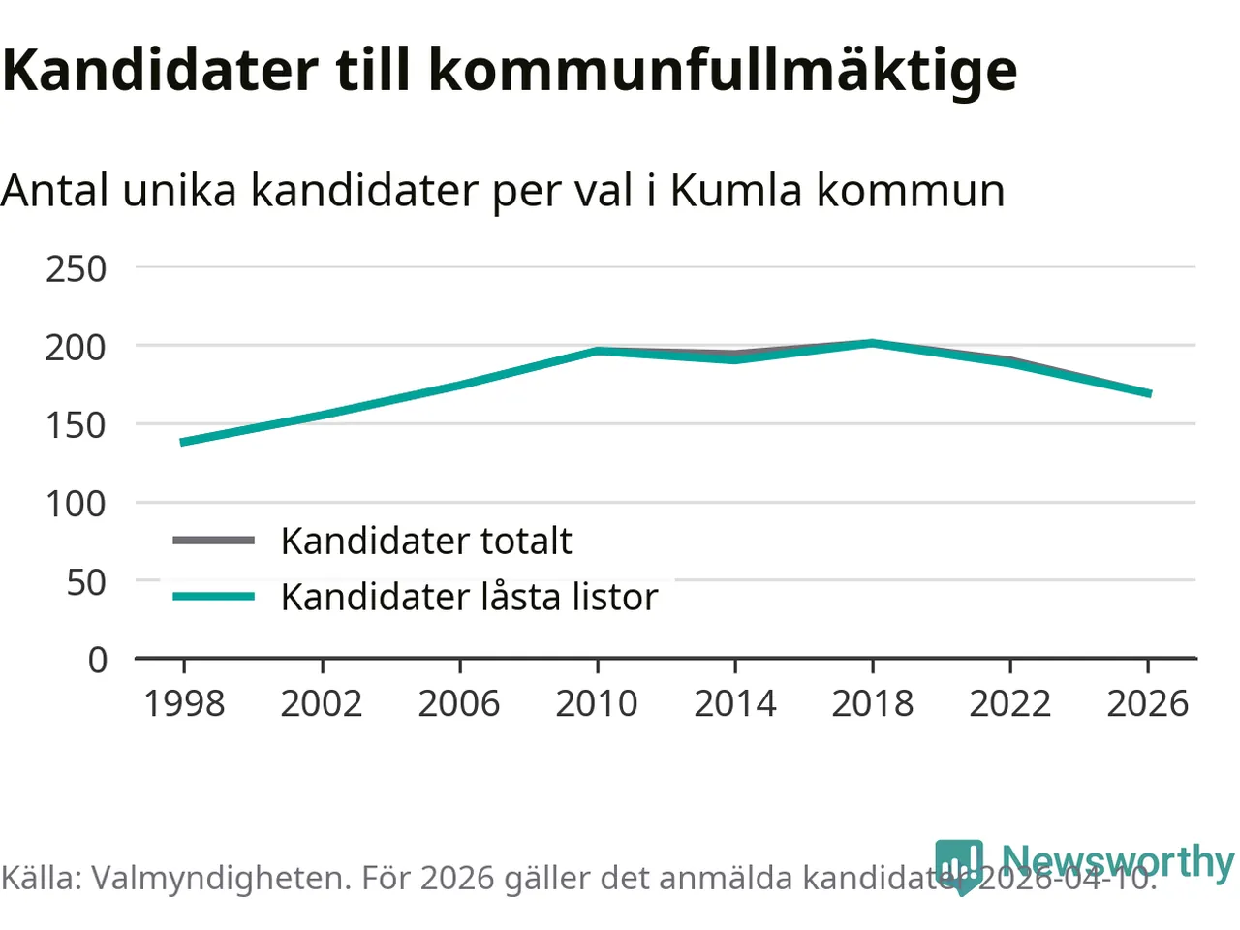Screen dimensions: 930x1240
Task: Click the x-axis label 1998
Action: point(184,703)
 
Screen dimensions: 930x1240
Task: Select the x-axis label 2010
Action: point(597,703)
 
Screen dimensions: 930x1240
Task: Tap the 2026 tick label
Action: point(1148,703)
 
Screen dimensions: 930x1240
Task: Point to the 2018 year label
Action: point(873,703)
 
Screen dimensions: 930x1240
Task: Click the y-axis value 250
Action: point(76,269)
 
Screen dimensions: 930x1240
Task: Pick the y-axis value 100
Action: point(76,504)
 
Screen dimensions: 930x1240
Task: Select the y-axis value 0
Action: point(98,661)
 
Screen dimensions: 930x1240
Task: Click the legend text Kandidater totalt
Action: point(426,541)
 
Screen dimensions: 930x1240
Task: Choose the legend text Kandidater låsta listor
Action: point(469,597)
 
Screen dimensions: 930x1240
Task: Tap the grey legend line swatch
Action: point(213,541)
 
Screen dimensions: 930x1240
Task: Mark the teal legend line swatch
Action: point(213,597)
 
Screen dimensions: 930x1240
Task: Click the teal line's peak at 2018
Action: point(873,343)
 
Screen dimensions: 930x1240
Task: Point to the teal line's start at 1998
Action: point(184,442)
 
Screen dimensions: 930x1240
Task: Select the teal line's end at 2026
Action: point(1148,393)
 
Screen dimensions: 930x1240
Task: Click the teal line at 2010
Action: point(597,351)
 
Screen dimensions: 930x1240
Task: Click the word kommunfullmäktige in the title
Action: point(723,70)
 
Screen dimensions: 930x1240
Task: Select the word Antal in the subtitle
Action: point(54,190)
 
